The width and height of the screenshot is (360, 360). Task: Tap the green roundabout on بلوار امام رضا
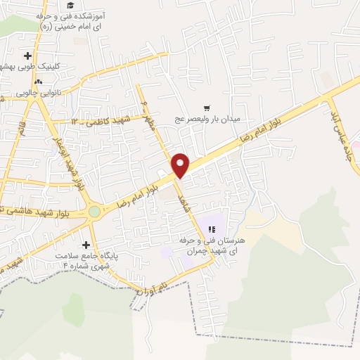(94, 211)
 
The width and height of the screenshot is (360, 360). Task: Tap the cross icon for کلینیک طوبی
(28, 55)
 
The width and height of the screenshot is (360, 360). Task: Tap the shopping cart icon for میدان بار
(207, 108)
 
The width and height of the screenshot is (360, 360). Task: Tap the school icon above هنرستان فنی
(212, 229)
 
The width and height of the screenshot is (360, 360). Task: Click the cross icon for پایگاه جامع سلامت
(86, 245)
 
